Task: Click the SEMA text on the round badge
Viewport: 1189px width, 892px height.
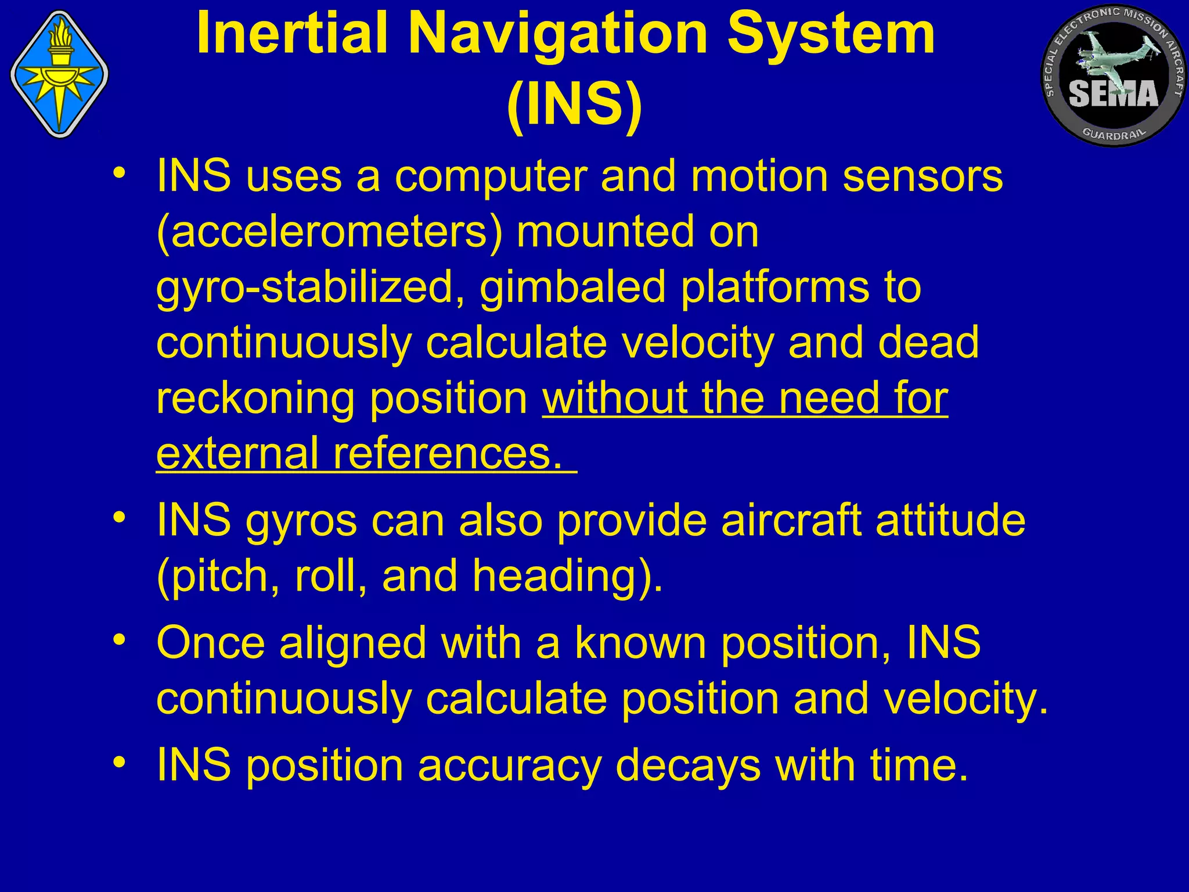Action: [x=1113, y=93]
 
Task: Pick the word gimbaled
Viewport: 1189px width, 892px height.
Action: [x=572, y=287]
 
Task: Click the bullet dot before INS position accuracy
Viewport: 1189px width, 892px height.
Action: [x=120, y=761]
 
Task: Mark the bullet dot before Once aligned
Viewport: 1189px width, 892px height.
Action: [x=120, y=639]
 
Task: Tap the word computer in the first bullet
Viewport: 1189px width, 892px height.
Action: [x=491, y=177]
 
